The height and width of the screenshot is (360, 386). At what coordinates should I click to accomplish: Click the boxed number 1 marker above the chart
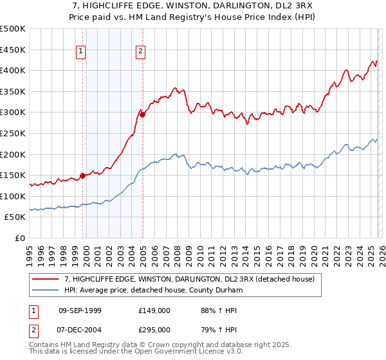(82, 53)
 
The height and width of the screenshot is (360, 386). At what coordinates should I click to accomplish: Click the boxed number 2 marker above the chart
(140, 53)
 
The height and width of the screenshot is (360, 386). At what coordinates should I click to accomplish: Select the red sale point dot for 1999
(82, 175)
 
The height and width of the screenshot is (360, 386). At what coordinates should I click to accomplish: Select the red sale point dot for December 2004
(142, 114)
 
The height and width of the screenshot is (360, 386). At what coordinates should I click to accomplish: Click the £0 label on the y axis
(19, 238)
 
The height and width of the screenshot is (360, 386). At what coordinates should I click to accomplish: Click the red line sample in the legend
(46, 280)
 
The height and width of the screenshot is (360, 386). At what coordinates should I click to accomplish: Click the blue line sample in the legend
(46, 291)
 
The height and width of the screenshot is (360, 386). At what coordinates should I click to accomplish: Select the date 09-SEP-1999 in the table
(80, 310)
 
